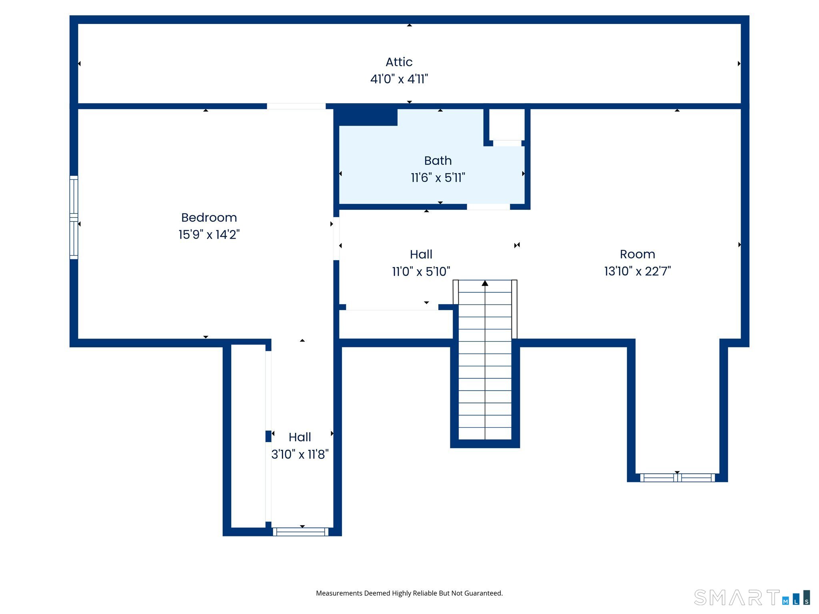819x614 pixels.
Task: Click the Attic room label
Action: click(399, 62)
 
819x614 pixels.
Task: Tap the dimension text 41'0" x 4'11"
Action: click(399, 79)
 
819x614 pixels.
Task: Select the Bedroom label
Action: click(209, 217)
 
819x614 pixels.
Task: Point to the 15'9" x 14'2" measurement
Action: click(209, 235)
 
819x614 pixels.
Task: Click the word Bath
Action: click(438, 161)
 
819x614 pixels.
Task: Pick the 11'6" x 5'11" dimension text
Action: click(438, 178)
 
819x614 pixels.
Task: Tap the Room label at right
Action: click(637, 254)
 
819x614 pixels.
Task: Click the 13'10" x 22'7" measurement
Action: click(637, 271)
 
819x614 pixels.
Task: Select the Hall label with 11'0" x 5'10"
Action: click(421, 255)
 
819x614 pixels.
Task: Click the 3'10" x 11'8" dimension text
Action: click(300, 455)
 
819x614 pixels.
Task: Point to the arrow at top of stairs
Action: click(485, 283)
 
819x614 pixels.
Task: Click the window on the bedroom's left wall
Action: click(74, 217)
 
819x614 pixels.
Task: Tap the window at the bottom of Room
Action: click(677, 478)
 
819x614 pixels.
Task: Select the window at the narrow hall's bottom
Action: click(301, 532)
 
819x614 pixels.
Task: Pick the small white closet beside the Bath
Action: click(507, 124)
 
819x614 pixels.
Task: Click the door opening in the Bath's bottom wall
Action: click(488, 207)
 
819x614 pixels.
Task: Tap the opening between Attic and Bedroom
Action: click(296, 106)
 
